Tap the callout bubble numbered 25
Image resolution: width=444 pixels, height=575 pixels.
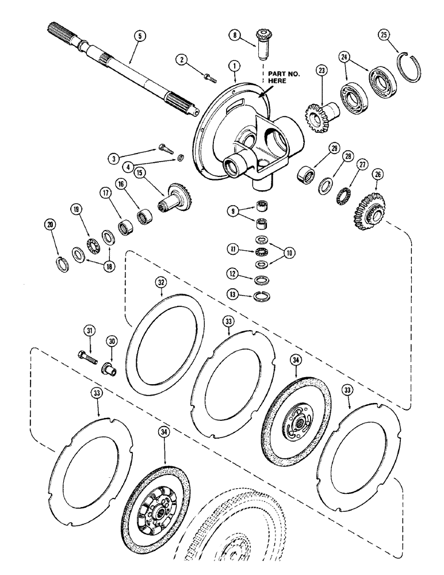pos(385,35)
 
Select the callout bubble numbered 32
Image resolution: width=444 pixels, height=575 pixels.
pos(161,282)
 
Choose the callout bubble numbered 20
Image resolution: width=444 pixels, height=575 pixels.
pos(49,224)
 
